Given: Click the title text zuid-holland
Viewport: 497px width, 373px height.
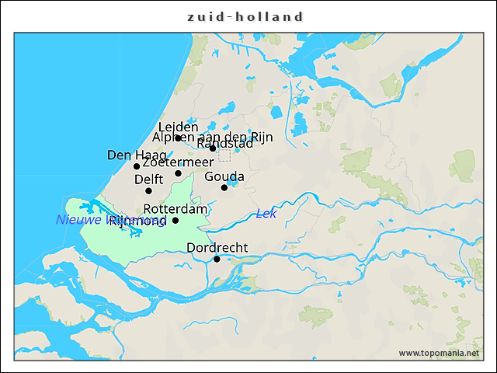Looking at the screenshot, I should [246, 16].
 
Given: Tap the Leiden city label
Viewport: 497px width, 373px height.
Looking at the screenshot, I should [178, 127].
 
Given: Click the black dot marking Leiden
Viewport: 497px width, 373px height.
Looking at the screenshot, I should [178, 138].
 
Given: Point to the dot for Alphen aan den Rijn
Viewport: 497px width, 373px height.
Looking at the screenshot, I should [213, 148].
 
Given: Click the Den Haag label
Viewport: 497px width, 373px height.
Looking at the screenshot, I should [137, 155].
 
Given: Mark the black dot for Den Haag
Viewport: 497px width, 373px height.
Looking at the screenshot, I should [137, 166].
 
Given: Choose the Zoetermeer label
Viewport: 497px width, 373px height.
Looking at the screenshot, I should [178, 162].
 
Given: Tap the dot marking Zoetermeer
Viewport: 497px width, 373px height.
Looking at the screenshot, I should [178, 173].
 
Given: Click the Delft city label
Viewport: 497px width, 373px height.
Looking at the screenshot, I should [148, 180].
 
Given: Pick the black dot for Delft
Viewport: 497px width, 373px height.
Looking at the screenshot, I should [148, 190].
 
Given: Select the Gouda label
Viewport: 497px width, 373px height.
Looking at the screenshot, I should [224, 177].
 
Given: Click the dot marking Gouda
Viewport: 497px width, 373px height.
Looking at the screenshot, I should [224, 187].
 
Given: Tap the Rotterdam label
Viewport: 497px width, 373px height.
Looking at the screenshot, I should [176, 209].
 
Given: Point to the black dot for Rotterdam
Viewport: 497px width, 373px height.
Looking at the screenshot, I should [176, 220].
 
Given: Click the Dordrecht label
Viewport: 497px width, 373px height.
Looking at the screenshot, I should [217, 248].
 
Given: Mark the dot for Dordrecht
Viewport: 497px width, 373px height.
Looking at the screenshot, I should [217, 259].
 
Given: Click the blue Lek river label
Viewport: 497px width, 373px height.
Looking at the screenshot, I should [266, 214].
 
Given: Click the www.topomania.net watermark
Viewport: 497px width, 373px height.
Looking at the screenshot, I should [439, 353].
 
